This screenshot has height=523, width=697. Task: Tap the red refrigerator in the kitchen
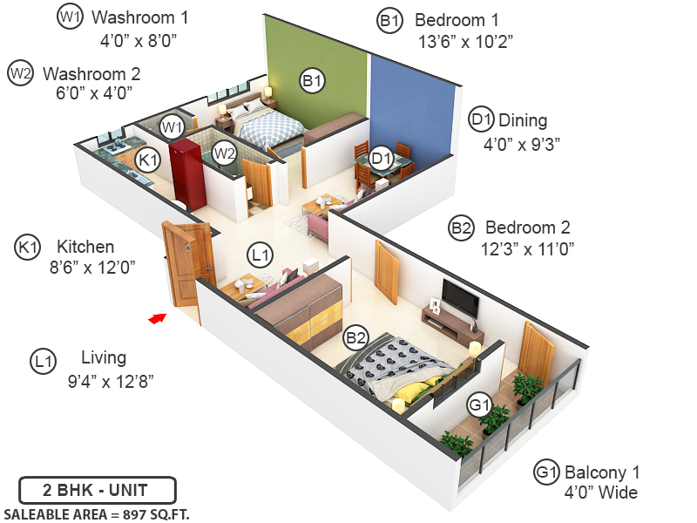pyautogui.click(x=186, y=170)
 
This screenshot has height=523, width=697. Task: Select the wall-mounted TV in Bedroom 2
pyautogui.click(x=459, y=298)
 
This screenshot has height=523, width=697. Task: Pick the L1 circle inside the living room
pyautogui.click(x=260, y=255)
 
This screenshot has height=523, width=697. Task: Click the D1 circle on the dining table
pyautogui.click(x=380, y=159)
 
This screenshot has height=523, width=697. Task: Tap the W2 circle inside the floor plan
pyautogui.click(x=225, y=153)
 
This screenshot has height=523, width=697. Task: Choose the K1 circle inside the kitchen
pyautogui.click(x=148, y=160)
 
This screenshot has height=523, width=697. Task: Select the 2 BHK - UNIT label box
pyautogui.click(x=98, y=489)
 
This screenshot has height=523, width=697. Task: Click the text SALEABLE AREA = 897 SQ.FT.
pyautogui.click(x=97, y=513)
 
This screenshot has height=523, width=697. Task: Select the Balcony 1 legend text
pyautogui.click(x=601, y=472)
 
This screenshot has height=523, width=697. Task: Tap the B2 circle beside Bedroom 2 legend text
pyautogui.click(x=461, y=228)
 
